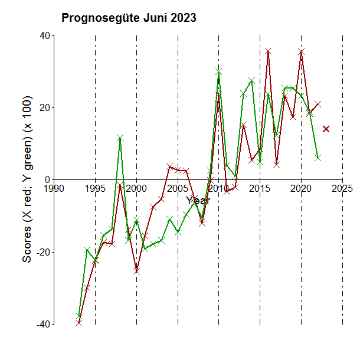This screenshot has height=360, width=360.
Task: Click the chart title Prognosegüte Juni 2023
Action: (x=129, y=18)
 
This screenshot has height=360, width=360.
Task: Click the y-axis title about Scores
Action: (x=27, y=179)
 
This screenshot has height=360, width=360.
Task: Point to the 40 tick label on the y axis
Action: (x=44, y=36)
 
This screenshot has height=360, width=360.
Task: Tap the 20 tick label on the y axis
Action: (x=44, y=108)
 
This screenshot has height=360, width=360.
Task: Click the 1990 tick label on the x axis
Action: (x=54, y=189)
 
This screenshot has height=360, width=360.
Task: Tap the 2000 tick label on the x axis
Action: (x=136, y=189)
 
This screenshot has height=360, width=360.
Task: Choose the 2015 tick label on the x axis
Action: (x=260, y=189)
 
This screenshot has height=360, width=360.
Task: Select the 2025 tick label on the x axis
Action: (x=342, y=189)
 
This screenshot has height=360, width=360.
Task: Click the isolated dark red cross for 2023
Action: (x=326, y=129)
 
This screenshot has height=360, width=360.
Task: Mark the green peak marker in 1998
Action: (x=120, y=138)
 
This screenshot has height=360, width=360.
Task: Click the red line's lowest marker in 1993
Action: (x=78, y=322)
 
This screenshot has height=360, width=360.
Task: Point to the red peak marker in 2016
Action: (x=269, y=52)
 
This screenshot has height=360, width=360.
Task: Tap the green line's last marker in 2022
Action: (x=318, y=158)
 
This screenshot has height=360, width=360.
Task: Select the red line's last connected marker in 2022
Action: (x=318, y=104)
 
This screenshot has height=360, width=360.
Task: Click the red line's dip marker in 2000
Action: (x=136, y=271)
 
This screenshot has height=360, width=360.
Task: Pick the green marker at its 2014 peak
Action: (x=252, y=80)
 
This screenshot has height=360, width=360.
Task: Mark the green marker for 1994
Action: (x=87, y=250)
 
